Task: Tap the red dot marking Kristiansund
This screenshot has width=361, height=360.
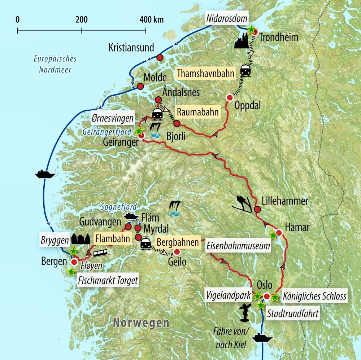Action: (160, 57)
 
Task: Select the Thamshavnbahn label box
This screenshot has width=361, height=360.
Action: (206, 73)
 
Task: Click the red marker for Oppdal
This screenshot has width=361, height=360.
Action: (229, 97)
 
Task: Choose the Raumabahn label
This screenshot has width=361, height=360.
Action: (197, 112)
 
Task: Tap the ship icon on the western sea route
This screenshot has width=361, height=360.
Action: (45, 175)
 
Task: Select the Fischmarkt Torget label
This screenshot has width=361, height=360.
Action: (108, 280)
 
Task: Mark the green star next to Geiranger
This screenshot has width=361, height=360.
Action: (138, 131)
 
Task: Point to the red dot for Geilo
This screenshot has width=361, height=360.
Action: (177, 252)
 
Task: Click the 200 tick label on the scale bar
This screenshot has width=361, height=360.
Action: (82, 19)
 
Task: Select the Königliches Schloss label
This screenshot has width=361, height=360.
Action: (315, 297)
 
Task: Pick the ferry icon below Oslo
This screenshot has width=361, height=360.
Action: (262, 338)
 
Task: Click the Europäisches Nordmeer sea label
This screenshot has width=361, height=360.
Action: (55, 64)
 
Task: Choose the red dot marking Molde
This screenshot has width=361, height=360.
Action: (140, 87)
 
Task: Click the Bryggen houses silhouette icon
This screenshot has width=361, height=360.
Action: (81, 238)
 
